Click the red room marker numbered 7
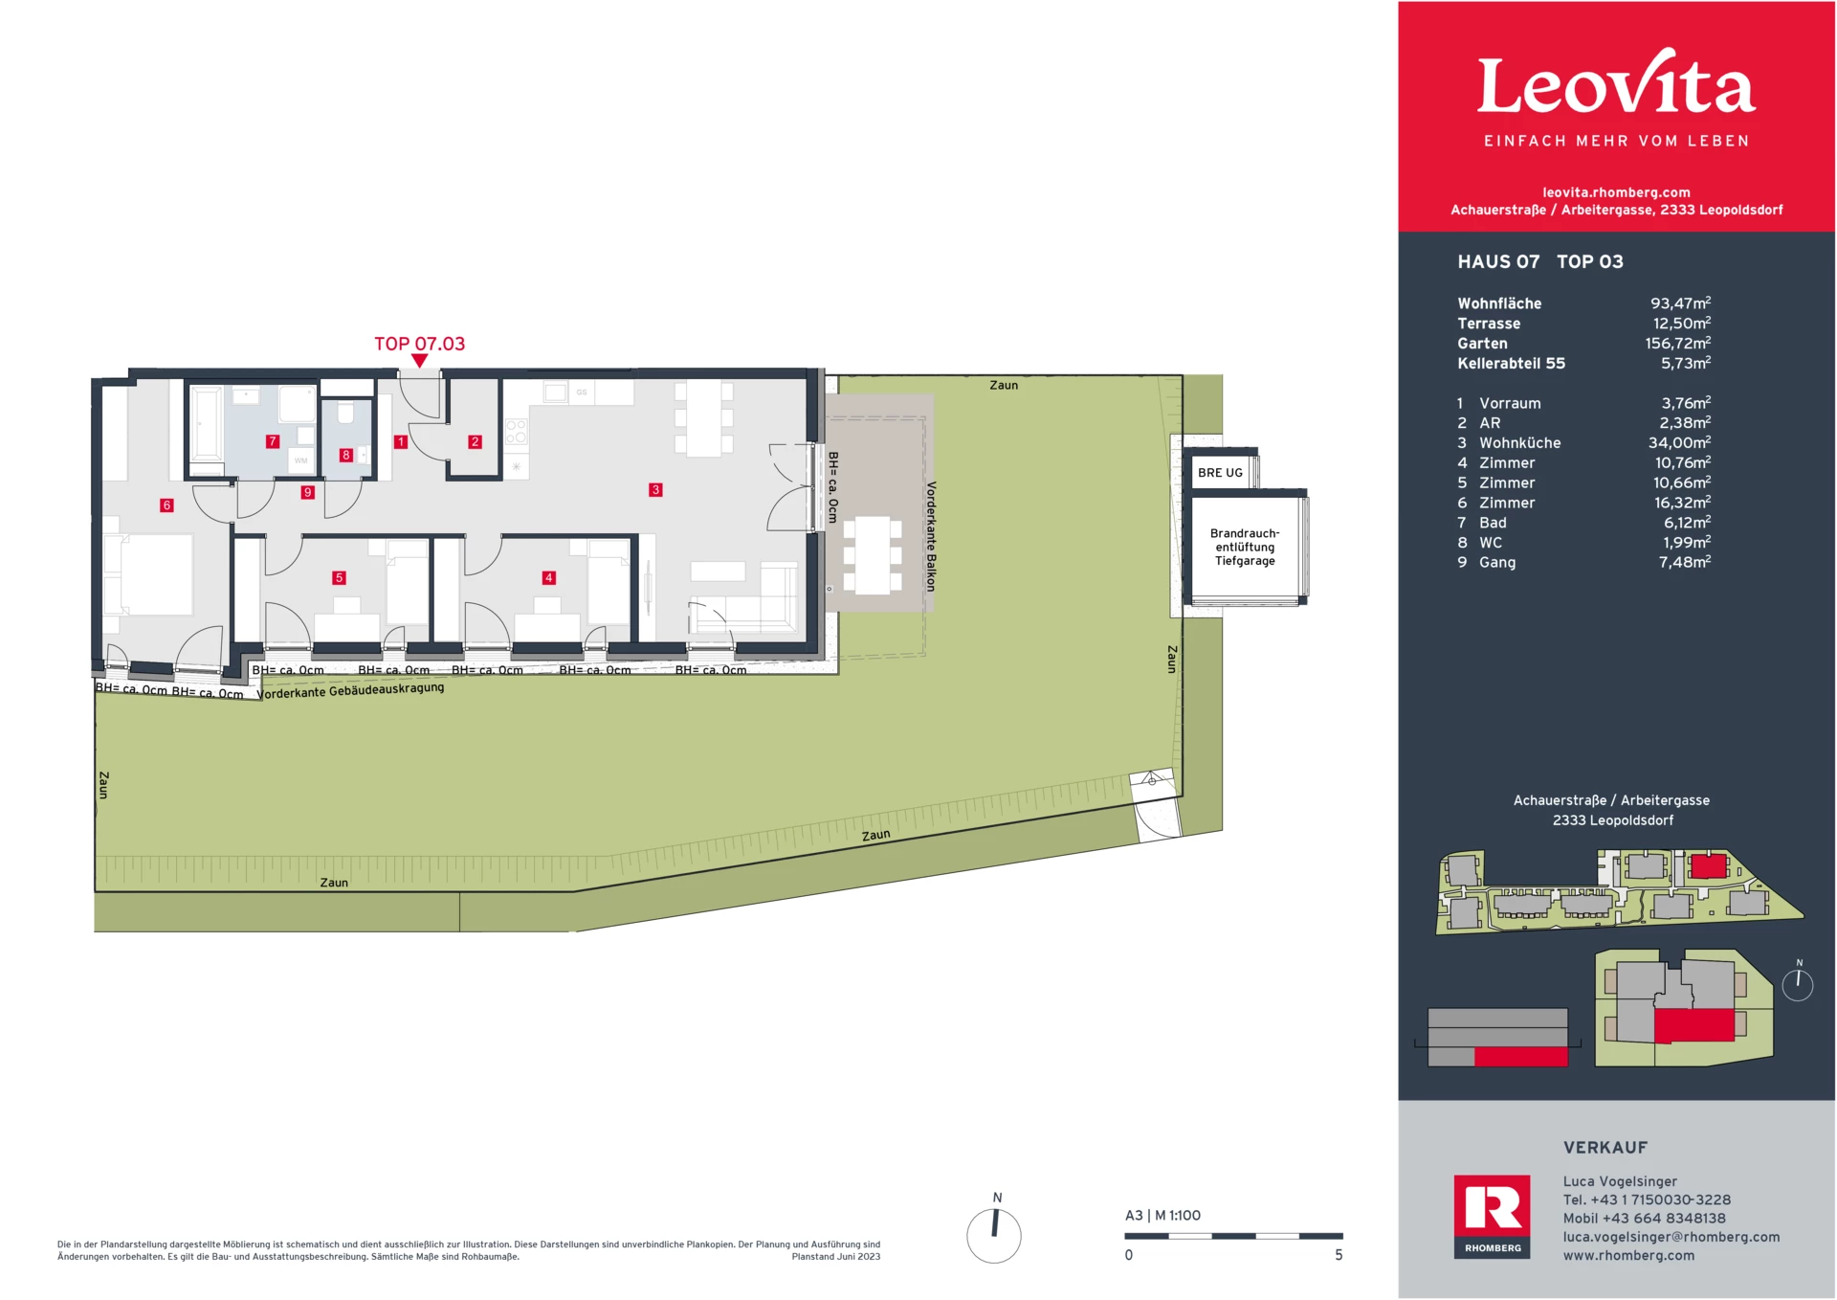(273, 441)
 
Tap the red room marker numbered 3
(655, 489)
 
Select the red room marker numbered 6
(166, 504)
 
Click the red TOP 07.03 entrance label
(419, 344)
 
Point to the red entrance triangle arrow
(419, 361)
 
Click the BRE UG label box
(1220, 473)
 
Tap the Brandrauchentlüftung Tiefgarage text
(1245, 548)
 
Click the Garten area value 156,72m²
(1677, 343)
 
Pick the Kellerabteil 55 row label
(1511, 363)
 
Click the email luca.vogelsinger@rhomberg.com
(1671, 1237)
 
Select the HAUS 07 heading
(1498, 261)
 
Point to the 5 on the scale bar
(1339, 1255)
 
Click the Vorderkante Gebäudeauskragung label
(351, 689)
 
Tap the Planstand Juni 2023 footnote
(835, 1257)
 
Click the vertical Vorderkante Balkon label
(931, 536)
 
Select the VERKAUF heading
(1605, 1147)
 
